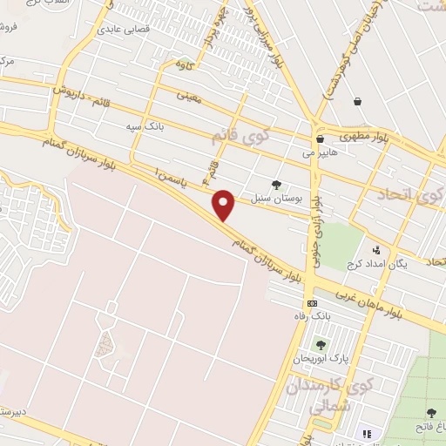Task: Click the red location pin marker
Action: [x=225, y=205]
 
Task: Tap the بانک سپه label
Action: [x=144, y=127]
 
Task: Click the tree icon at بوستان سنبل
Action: [x=276, y=185]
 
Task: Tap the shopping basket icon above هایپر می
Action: [x=320, y=139]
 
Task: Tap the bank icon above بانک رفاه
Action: [x=313, y=302]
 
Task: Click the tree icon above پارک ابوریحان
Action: [x=321, y=345]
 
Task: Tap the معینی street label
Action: [x=188, y=98]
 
